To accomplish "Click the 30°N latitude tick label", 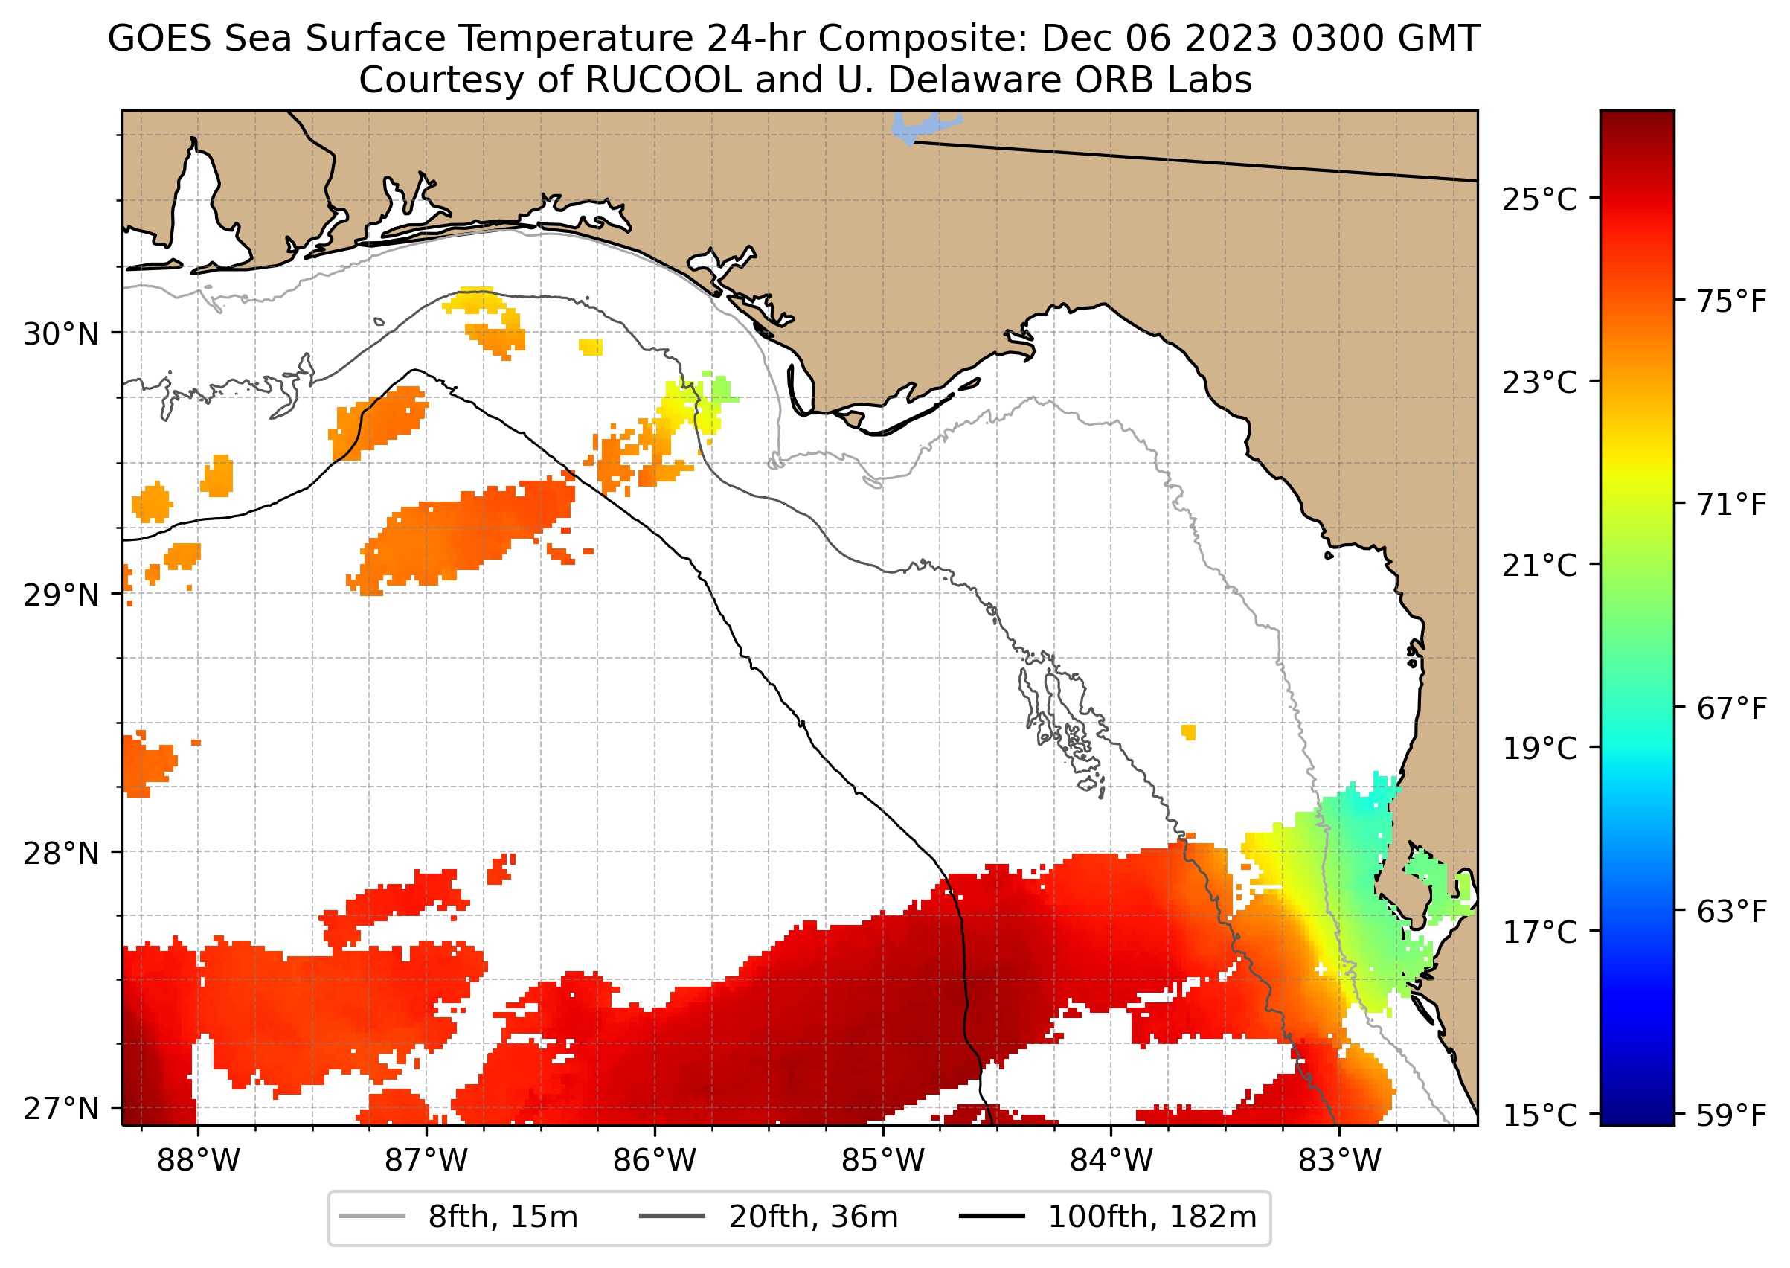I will pos(61,334).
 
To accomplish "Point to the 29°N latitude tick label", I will pos(61,595).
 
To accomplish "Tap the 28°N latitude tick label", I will pos(61,854).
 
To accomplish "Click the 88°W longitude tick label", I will pos(199,1161).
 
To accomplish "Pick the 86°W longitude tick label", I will pos(654,1161).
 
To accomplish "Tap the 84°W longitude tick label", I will pos(1111,1161).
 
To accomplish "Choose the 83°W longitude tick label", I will pos(1340,1161).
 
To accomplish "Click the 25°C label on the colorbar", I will pos(1539,200).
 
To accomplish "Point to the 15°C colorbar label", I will pos(1539,1115).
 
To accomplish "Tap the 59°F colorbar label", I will pos(1730,1115).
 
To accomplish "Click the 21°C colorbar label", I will pos(1539,566).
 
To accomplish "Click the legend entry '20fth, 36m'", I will pos(812,1217).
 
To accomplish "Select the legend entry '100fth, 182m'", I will pos(1152,1217).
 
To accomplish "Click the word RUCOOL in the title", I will pos(663,80).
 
